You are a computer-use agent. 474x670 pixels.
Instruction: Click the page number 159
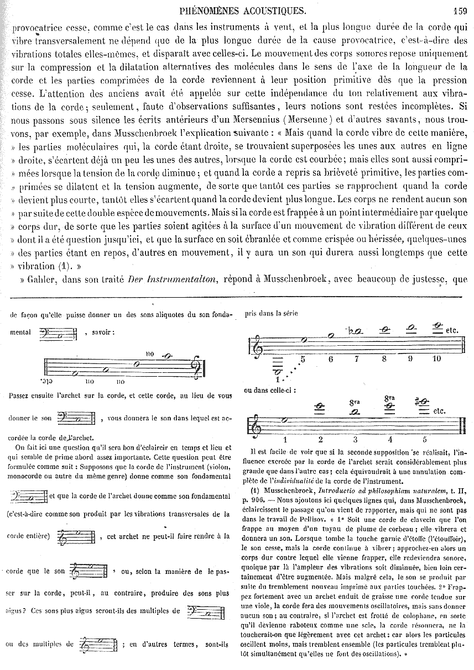pos(460,9)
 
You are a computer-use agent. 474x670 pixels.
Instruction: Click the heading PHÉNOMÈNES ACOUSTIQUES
pos(244,9)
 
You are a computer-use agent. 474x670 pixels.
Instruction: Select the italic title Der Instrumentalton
pos(159,279)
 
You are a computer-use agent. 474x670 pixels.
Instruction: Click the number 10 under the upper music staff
pos(436,359)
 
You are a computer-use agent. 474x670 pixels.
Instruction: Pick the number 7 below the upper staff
pos(357,359)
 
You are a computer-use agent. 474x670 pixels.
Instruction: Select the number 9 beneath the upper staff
pos(410,359)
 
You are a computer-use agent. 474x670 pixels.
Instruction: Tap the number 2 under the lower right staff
pos(320,440)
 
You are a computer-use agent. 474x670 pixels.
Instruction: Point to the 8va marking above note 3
pos(355,403)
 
